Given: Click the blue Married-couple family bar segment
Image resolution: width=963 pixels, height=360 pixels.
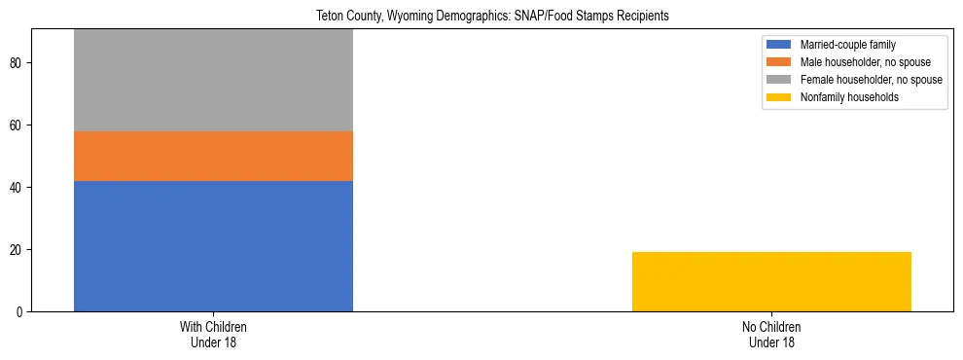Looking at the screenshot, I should [213, 245].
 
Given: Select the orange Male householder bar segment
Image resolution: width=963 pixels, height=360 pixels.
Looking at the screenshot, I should [213, 156].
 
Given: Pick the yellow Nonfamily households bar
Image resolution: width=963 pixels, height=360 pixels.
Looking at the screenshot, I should [771, 281].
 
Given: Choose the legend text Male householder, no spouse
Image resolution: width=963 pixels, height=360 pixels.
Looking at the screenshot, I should [863, 62].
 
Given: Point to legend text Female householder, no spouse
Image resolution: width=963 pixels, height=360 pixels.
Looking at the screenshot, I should [871, 80].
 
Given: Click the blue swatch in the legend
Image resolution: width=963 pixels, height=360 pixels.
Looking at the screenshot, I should [779, 45].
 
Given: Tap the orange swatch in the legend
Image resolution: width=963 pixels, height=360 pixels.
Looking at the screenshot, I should [779, 62].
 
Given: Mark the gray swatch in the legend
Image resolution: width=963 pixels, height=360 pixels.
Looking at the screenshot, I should [779, 80].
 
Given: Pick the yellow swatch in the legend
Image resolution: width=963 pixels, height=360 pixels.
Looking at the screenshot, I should [779, 97].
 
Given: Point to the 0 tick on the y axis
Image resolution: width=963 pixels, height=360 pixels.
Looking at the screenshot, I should [20, 312].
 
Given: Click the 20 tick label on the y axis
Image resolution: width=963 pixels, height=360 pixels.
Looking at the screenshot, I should [18, 250].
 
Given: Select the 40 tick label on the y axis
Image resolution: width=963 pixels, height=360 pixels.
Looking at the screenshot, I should [18, 188].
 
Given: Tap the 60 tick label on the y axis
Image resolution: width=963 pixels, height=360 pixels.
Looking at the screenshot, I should [18, 126].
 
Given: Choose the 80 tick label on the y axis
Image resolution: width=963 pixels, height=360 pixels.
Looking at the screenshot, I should [18, 63].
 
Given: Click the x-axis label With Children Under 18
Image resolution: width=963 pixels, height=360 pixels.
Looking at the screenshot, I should [213, 334].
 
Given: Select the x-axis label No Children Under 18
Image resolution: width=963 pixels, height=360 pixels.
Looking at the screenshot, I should [771, 334].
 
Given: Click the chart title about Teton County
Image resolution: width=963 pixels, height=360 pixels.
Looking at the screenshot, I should [493, 17].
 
